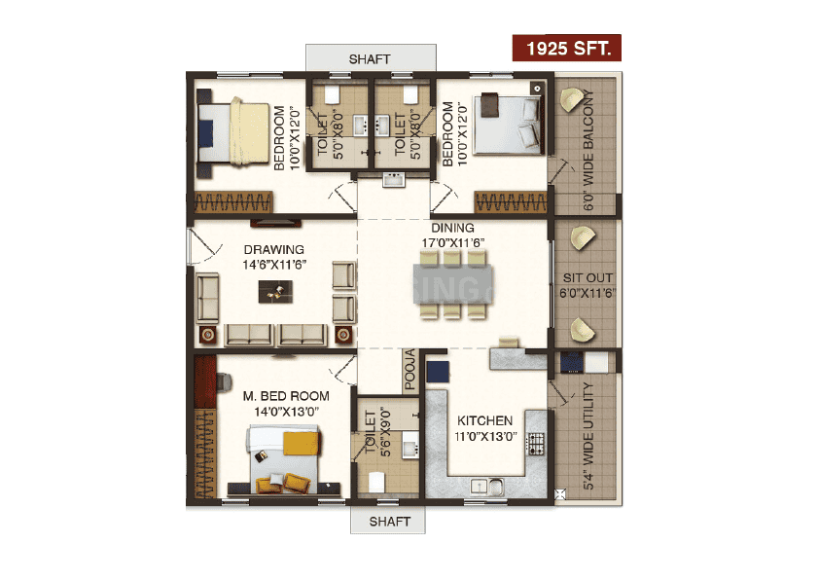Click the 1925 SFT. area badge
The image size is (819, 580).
click(x=567, y=48)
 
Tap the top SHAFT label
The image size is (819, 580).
click(x=370, y=59)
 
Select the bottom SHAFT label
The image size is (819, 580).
click(x=390, y=522)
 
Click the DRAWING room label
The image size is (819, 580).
click(x=273, y=250)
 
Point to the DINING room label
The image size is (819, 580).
click(x=452, y=228)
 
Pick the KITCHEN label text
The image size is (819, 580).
click(x=484, y=420)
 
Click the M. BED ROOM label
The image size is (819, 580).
click(x=286, y=396)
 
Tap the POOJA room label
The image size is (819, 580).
click(x=410, y=370)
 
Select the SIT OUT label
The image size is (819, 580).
click(x=588, y=278)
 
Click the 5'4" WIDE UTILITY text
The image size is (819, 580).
click(x=588, y=436)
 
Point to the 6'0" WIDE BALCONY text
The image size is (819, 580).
click(x=588, y=150)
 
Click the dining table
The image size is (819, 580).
click(x=452, y=284)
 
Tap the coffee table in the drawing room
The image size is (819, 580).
click(x=275, y=292)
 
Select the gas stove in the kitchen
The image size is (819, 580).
click(x=536, y=444)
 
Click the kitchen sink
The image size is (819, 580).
click(x=486, y=487)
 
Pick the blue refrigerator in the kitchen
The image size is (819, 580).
click(x=438, y=372)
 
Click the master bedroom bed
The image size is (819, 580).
click(x=284, y=459)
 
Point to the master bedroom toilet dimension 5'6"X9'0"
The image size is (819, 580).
click(x=385, y=432)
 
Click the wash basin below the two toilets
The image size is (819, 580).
click(x=393, y=180)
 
